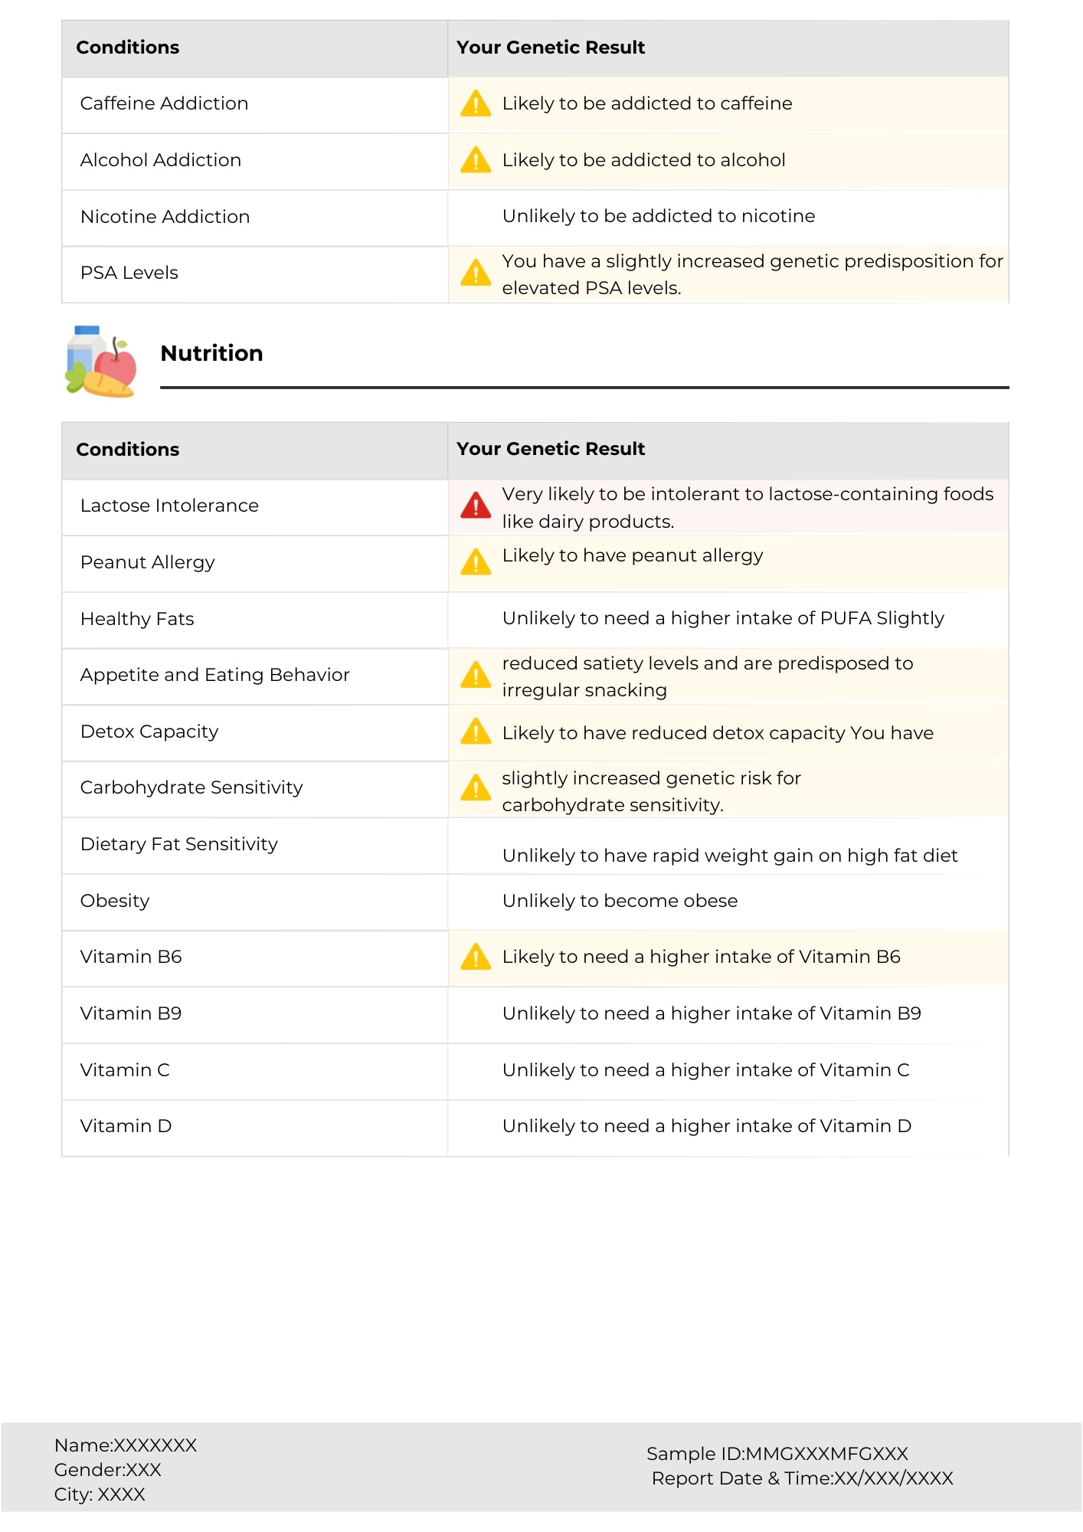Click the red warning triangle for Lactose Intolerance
[476, 506]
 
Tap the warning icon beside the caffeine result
[476, 103]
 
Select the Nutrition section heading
[211, 353]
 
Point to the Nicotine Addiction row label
[165, 217]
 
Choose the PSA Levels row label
[129, 273]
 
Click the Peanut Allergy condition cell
[147, 562]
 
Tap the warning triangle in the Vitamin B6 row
[476, 957]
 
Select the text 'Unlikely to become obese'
[620, 901]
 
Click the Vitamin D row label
[126, 1126]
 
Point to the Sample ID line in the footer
[777, 1454]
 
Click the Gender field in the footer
[107, 1470]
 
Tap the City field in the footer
[100, 1494]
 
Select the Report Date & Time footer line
[802, 1478]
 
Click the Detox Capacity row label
[149, 732]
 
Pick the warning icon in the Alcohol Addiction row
[476, 160]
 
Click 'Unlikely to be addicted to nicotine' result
[658, 216]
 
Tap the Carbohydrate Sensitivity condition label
[191, 787]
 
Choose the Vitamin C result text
[705, 1070]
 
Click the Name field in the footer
[126, 1445]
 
